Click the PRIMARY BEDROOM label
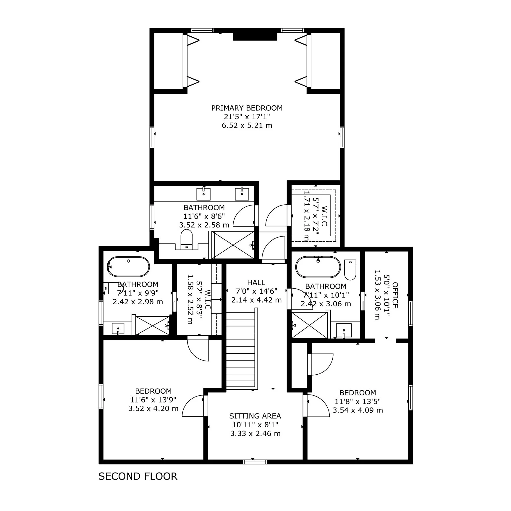247,108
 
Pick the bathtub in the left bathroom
128,267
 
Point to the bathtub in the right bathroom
318,267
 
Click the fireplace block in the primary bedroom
255,36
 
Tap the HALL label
256,282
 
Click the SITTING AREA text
255,416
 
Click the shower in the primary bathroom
233,245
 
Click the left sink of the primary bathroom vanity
203,193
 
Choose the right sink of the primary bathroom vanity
242,193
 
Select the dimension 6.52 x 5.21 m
247,125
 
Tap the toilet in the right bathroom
350,270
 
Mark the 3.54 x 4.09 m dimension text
358,410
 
